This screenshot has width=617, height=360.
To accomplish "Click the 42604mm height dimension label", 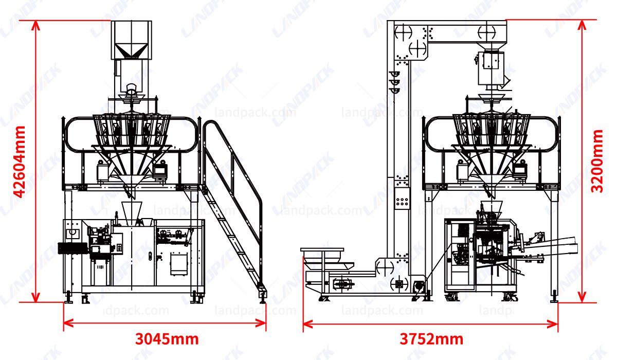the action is [x=20, y=161].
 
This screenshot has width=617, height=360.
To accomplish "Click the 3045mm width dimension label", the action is [x=167, y=339].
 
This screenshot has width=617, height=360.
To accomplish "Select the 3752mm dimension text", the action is [x=431, y=339].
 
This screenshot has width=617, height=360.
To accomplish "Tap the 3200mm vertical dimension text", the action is [x=597, y=161].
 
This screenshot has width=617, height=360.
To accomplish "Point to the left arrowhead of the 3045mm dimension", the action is [x=68, y=323].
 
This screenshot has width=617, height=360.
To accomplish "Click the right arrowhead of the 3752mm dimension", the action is [x=553, y=324].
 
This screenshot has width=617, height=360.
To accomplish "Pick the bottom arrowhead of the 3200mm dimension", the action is [x=582, y=297].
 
